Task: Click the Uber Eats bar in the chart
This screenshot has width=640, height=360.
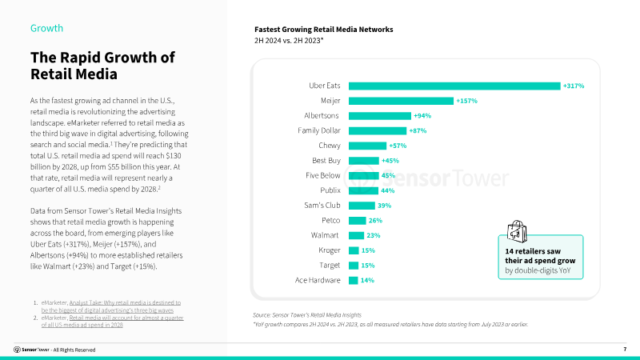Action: click(454, 86)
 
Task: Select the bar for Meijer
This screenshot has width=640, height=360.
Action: click(401, 101)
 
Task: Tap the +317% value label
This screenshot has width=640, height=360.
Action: click(574, 86)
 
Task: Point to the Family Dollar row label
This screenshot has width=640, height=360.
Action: click(318, 130)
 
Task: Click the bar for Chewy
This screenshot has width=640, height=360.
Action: click(367, 146)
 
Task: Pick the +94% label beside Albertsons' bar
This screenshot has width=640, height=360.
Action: click(422, 116)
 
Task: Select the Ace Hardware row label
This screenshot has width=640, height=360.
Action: click(318, 280)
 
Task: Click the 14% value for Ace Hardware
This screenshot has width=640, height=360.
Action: click(367, 280)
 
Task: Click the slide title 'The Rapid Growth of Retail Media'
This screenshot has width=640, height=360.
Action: click(102, 66)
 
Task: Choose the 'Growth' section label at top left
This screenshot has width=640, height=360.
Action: click(46, 28)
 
